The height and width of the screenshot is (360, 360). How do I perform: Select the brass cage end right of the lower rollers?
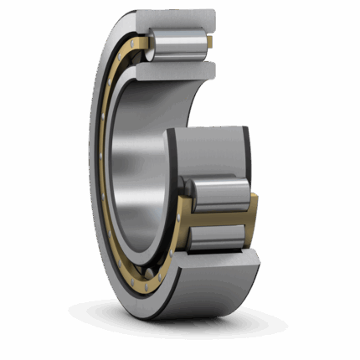[249, 219]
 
